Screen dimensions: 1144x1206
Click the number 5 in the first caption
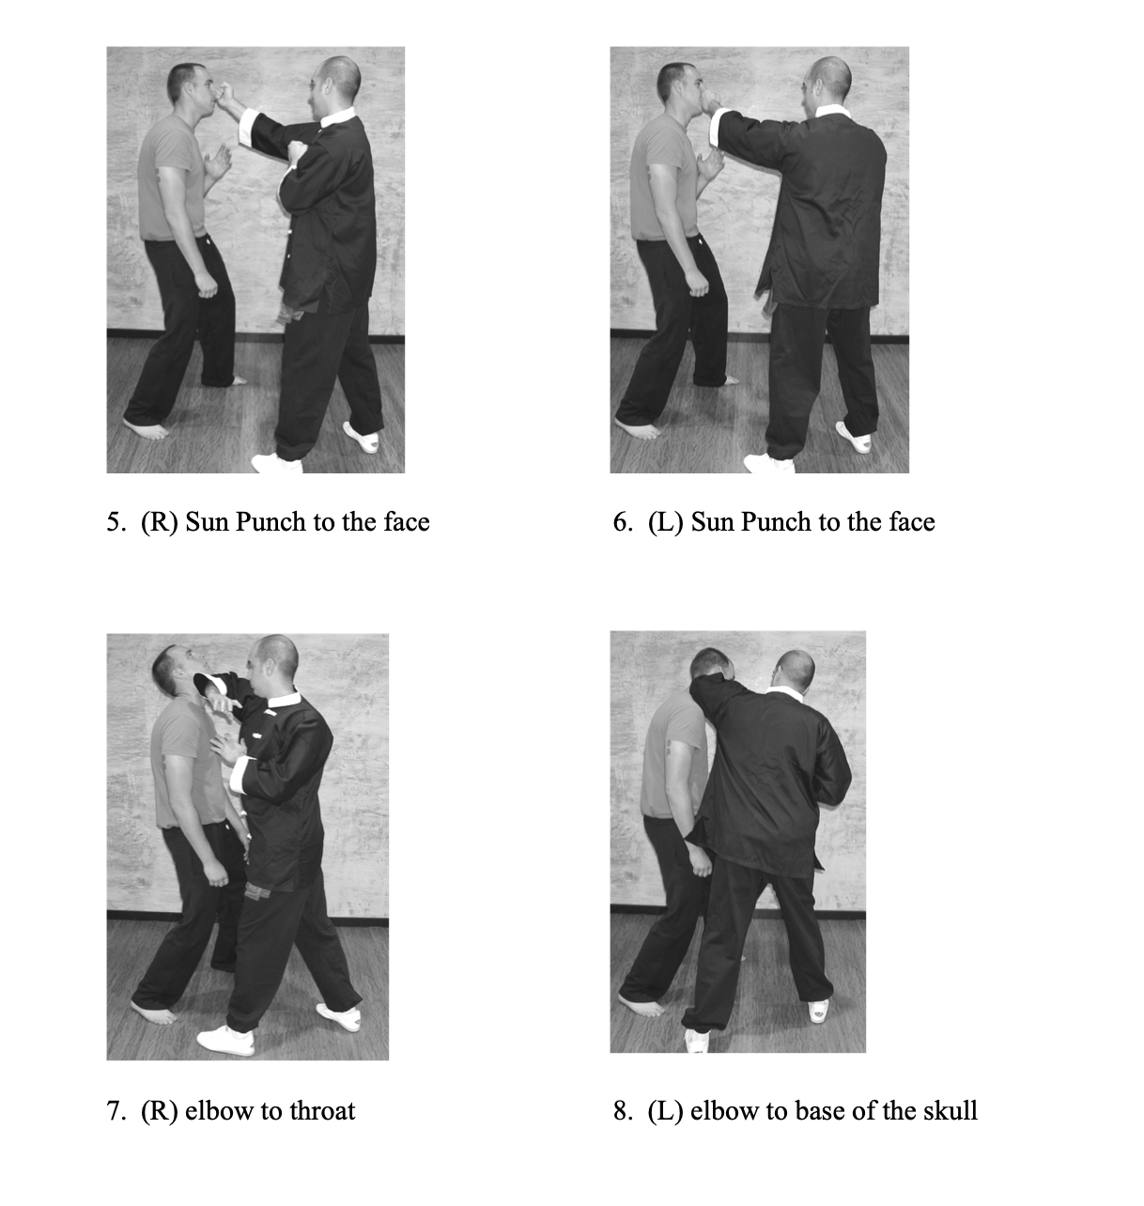pyautogui.click(x=113, y=522)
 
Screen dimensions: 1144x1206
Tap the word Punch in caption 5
pyautogui.click(x=271, y=522)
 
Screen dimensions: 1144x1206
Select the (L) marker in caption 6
pyautogui.click(x=666, y=522)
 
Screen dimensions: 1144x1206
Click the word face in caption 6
pyautogui.click(x=912, y=522)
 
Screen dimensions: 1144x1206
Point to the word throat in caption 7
pyautogui.click(x=322, y=1111)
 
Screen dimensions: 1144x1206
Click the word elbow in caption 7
pyautogui.click(x=217, y=1111)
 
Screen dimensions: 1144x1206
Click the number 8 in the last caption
pyautogui.click(x=620, y=1111)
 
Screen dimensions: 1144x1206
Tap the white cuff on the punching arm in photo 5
pyautogui.click(x=247, y=127)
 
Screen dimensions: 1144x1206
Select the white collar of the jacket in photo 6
pyautogui.click(x=831, y=111)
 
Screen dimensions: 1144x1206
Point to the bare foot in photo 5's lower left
pyautogui.click(x=146, y=427)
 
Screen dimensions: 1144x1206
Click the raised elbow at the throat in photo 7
pyautogui.click(x=203, y=680)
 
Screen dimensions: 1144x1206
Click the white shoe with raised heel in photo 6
pyautogui.click(x=855, y=437)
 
